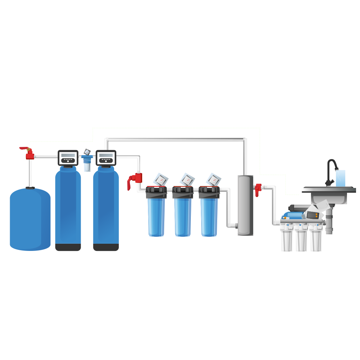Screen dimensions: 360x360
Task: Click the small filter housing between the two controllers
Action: pyautogui.click(x=87, y=163)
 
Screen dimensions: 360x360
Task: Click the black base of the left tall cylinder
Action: pyautogui.click(x=68, y=247)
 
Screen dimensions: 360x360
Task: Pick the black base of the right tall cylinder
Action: pyautogui.click(x=106, y=247)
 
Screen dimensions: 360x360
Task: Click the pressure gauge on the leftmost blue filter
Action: pyautogui.click(x=160, y=179)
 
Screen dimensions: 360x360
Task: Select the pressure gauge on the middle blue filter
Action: pyautogui.click(x=187, y=179)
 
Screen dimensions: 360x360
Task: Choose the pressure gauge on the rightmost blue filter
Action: pyautogui.click(x=213, y=179)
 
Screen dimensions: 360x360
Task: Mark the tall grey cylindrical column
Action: pyautogui.click(x=245, y=205)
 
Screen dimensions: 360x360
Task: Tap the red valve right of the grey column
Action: pyautogui.click(x=258, y=189)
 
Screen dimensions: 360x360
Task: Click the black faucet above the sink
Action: pyautogui.click(x=331, y=169)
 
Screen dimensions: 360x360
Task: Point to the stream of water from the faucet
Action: pyautogui.click(x=340, y=178)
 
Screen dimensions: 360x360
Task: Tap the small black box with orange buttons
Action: pyautogui.click(x=312, y=215)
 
